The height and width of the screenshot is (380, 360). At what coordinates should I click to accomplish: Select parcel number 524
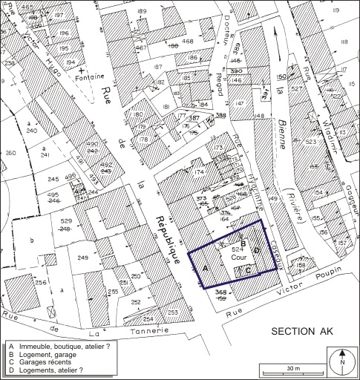coord(238,251)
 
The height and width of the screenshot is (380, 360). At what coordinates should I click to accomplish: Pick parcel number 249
coord(82,258)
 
